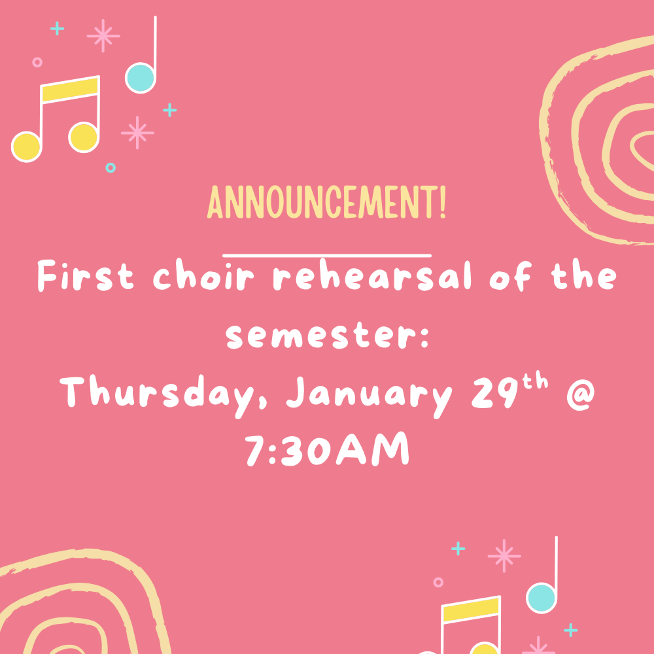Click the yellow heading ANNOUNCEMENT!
coord(326,202)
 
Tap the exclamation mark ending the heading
coord(443,202)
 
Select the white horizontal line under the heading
coord(327,255)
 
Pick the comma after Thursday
coord(263,403)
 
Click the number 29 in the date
coord(494,392)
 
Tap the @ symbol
coord(581,394)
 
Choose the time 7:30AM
coord(326,450)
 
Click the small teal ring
coord(111,167)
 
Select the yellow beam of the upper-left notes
coord(70,89)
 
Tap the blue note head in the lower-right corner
coord(542,598)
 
